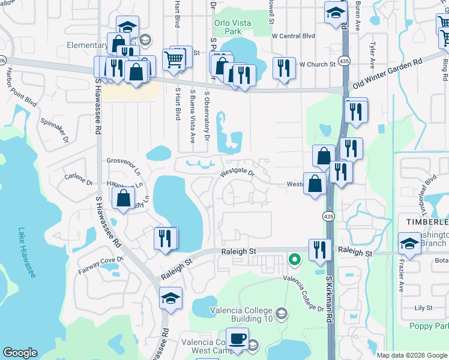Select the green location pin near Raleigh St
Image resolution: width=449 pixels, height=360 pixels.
[x=294, y=259]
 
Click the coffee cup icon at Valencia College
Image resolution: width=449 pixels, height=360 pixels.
[x=237, y=338]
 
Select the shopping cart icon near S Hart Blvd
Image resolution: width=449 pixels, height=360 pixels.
[x=173, y=59]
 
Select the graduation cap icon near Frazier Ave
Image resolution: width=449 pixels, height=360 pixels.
[x=409, y=243]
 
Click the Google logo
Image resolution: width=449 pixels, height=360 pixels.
[x=20, y=353]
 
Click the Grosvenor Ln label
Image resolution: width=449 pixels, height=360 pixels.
[x=122, y=164]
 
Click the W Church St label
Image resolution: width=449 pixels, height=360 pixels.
[x=317, y=64]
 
